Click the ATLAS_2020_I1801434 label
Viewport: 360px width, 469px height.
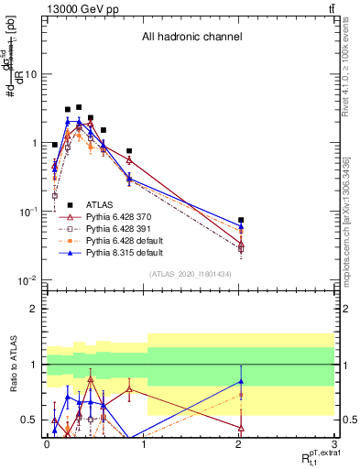click(x=190, y=274)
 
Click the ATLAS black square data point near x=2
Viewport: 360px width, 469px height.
click(x=241, y=220)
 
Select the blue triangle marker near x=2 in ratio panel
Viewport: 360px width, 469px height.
click(x=241, y=381)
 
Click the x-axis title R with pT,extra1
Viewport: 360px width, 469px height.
click(x=312, y=455)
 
